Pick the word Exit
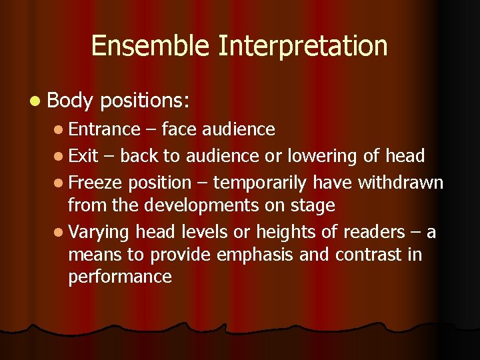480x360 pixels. point(83,156)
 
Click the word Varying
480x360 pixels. point(99,233)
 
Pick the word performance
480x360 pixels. point(120,277)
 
